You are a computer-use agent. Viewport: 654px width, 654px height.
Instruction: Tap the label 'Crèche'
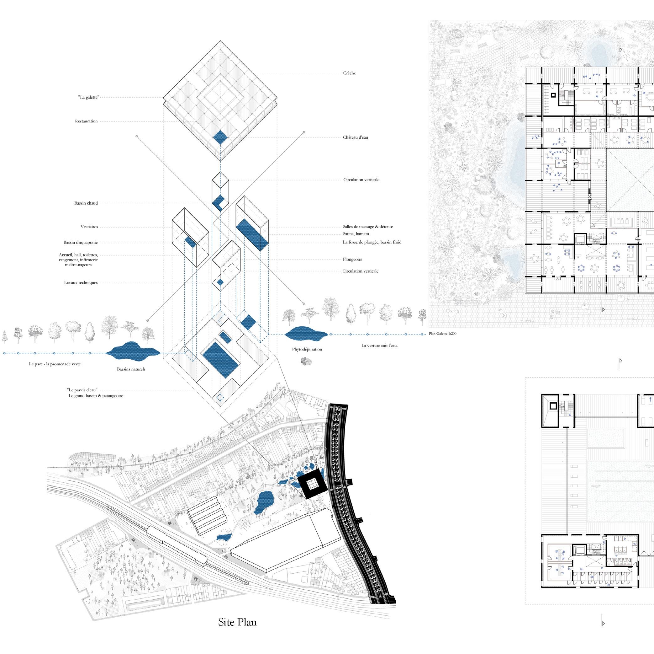pyautogui.click(x=349, y=73)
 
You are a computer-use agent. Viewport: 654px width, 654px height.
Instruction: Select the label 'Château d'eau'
pyautogui.click(x=355, y=137)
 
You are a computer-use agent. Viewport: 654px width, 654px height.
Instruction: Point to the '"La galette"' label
pyautogui.click(x=88, y=98)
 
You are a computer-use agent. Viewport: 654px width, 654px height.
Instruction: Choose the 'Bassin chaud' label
pyautogui.click(x=86, y=203)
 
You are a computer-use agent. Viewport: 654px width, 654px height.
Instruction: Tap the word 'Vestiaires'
pyautogui.click(x=89, y=227)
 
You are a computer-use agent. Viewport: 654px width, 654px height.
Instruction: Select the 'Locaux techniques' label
pyautogui.click(x=81, y=283)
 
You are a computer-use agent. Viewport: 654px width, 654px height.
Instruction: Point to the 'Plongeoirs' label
pyautogui.click(x=352, y=260)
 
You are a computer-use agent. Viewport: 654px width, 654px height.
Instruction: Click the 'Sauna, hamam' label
pyautogui.click(x=356, y=234)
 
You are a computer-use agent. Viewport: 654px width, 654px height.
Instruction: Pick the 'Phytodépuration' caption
pyautogui.click(x=307, y=349)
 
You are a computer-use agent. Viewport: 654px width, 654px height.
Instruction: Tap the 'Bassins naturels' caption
pyautogui.click(x=131, y=369)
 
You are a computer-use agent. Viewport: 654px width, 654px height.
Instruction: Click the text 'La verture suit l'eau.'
pyautogui.click(x=379, y=346)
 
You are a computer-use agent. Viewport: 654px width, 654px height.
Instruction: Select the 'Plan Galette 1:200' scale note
pyautogui.click(x=442, y=334)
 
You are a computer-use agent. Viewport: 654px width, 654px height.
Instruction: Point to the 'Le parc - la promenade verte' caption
pyautogui.click(x=55, y=364)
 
